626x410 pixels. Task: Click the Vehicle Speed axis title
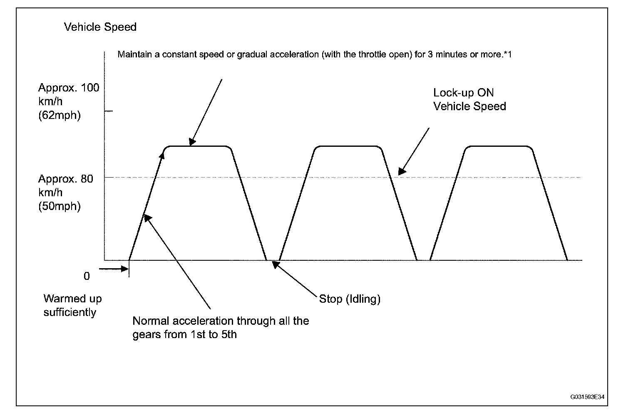[100, 27]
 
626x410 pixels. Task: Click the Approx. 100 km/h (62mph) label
[69, 101]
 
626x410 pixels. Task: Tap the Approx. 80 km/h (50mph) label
[69, 193]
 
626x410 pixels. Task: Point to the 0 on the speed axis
[87, 277]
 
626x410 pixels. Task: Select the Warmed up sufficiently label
[72, 306]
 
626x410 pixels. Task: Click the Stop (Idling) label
[350, 299]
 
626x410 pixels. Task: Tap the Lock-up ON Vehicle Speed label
[469, 99]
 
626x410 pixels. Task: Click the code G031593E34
[586, 397]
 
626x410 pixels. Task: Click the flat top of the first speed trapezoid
[199, 146]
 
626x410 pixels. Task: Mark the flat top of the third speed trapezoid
[498, 146]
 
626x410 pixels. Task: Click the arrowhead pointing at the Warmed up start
[125, 269]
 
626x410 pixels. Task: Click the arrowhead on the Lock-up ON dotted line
[401, 171]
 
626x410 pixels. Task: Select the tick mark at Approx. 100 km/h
[108, 111]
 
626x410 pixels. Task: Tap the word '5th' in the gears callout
[227, 335]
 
